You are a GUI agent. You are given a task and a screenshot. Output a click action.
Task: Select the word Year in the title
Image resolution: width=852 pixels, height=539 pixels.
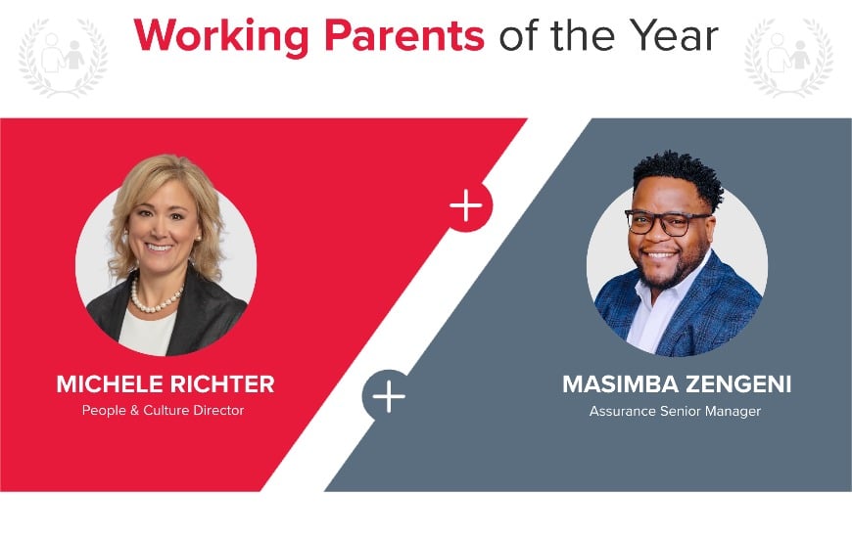tap(675, 36)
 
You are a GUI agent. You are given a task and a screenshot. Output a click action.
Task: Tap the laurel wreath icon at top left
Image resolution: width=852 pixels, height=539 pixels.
tap(61, 57)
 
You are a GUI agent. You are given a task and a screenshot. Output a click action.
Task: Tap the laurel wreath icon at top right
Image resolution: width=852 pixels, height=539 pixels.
tap(788, 57)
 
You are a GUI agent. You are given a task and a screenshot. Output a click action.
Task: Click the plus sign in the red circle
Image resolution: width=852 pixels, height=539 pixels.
tap(466, 206)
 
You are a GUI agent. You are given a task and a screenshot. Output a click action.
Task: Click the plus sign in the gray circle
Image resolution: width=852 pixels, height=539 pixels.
tap(389, 396)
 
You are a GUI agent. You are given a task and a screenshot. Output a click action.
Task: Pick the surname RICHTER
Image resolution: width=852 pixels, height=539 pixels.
tap(223, 384)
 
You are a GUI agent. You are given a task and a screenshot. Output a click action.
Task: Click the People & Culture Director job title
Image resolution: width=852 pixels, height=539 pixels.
tap(163, 410)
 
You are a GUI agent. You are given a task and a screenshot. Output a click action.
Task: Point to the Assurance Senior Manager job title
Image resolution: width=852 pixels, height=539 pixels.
tap(675, 411)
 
